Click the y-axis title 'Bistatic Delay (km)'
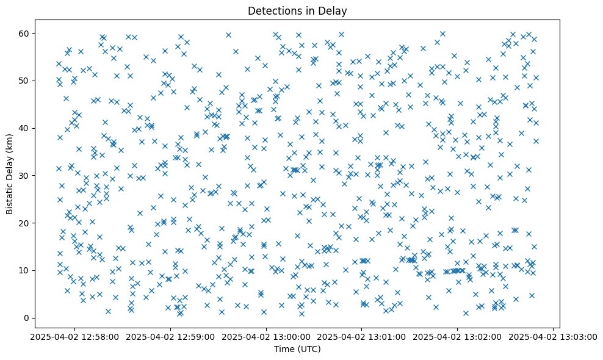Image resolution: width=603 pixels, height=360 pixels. coord(10,175)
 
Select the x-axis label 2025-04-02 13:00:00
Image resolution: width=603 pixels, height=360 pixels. coord(265,336)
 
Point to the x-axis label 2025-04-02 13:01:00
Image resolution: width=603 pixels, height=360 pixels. coord(361,336)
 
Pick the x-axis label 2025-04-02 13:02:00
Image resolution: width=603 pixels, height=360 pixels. coord(457,336)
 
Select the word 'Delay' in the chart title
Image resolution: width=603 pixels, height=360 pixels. coord(332,11)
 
